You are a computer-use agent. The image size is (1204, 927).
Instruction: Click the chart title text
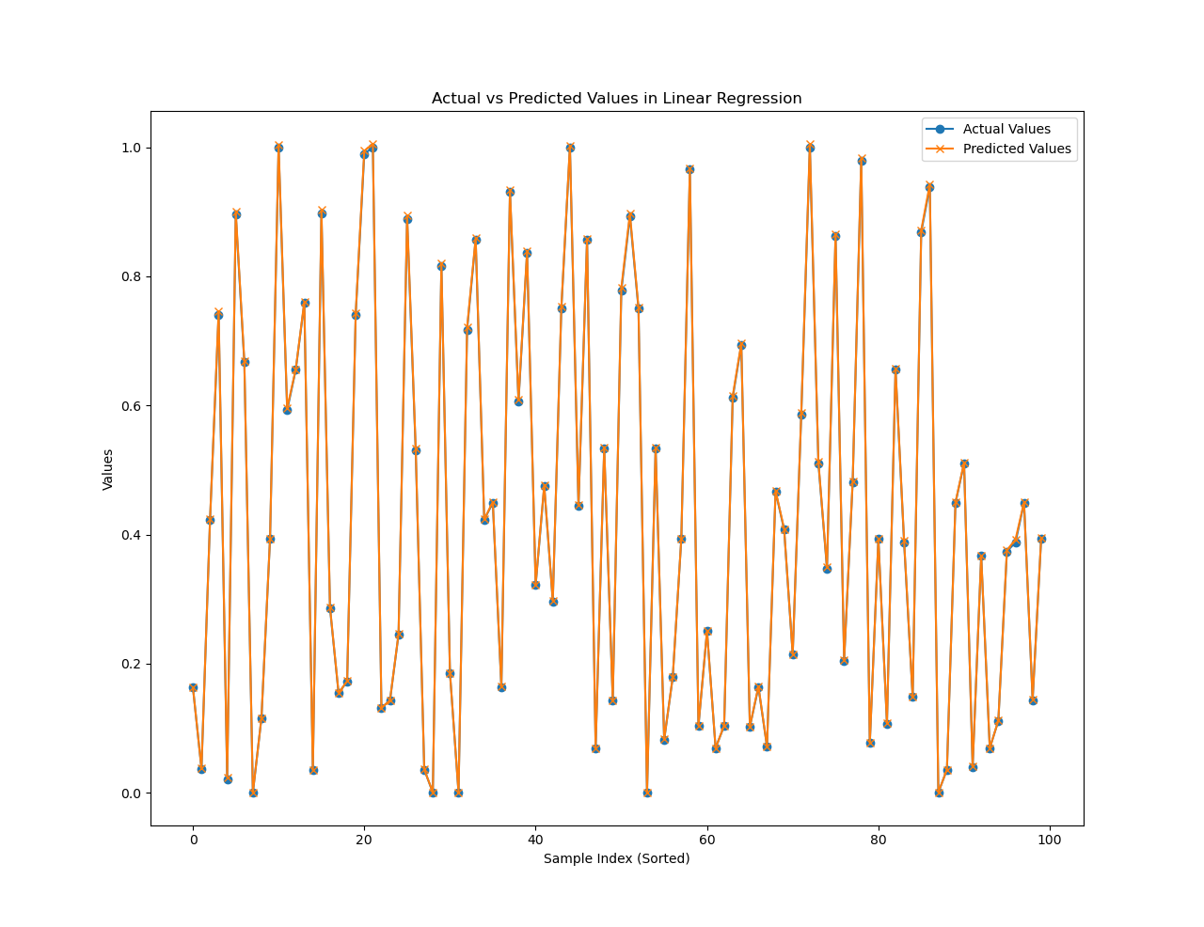616,99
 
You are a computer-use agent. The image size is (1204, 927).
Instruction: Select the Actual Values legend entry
1006,129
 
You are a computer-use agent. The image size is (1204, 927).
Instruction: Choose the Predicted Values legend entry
1017,149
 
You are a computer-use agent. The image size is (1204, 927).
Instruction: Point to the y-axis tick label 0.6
129,406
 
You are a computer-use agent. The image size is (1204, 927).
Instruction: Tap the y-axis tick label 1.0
129,148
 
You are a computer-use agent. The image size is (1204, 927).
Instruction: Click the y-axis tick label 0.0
129,793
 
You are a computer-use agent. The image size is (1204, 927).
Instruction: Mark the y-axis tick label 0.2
129,664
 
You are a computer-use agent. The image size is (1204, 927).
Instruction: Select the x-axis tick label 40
535,841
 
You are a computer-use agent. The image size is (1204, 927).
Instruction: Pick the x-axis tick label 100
1050,841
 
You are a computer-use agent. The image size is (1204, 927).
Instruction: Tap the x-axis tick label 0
194,841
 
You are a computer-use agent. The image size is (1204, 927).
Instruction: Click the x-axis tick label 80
879,841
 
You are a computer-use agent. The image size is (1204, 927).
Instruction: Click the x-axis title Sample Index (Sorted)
616,858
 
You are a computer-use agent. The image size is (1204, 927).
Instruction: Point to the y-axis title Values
108,469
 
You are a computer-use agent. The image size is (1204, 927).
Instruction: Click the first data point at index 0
193,687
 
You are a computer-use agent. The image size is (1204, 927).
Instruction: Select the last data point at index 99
1041,539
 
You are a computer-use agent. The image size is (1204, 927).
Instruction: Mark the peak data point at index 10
278,148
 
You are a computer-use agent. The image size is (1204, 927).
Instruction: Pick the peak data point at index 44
570,148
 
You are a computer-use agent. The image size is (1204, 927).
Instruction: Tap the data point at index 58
689,169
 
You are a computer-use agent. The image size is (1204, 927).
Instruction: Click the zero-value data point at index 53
647,793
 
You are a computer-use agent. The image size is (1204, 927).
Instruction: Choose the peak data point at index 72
810,148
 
